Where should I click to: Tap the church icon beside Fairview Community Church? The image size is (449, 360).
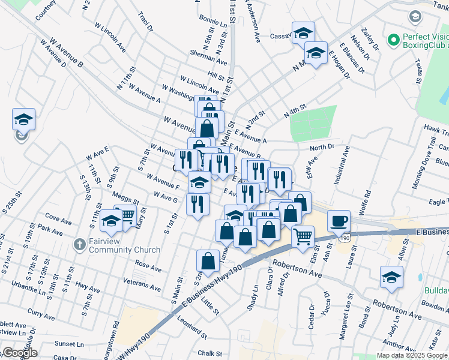[79, 245]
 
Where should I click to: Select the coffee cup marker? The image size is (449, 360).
[339, 220]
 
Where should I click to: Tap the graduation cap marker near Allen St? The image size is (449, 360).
[391, 277]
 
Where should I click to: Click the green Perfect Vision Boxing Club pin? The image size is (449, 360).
[394, 41]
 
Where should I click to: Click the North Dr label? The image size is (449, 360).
[322, 147]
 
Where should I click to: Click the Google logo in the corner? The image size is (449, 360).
[20, 353]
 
